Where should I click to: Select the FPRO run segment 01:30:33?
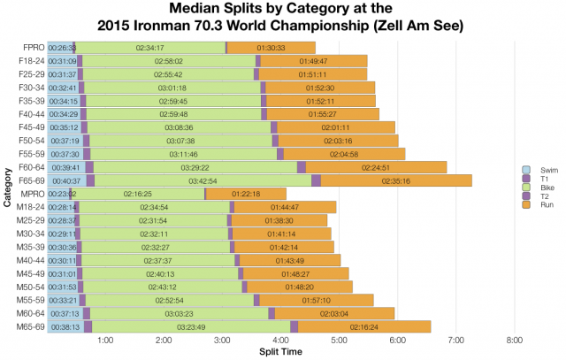(x=270, y=47)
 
